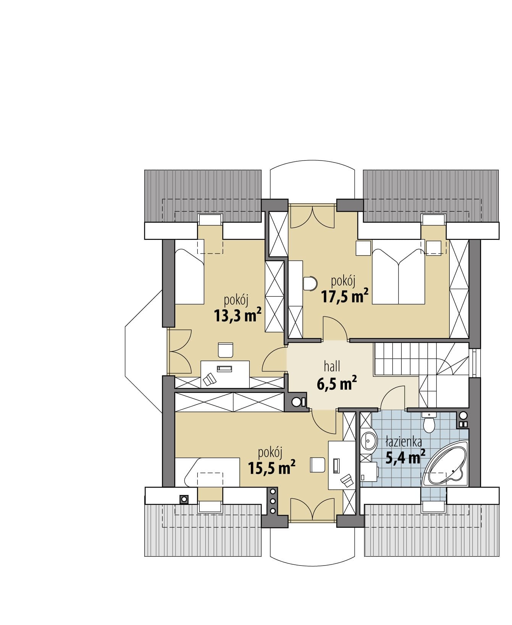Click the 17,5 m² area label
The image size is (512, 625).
[x=345, y=296]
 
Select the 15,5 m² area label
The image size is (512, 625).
[x=271, y=467]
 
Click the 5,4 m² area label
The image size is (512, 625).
[x=405, y=457]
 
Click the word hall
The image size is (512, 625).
[x=332, y=367]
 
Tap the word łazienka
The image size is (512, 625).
[x=404, y=442]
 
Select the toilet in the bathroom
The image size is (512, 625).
[x=430, y=423]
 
